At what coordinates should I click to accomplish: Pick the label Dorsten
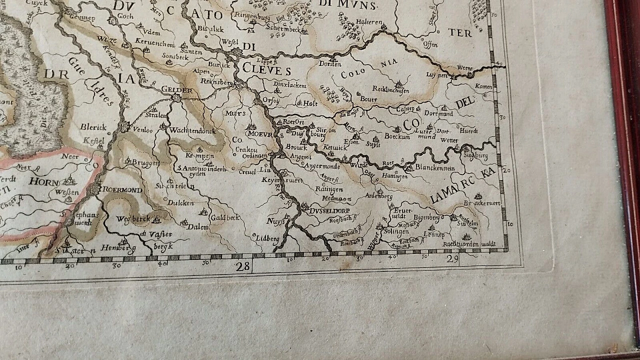[x=330, y=64]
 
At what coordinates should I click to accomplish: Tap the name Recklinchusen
[x=390, y=90]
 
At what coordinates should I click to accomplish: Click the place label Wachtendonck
[x=192, y=130]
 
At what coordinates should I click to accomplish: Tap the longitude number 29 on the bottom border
[x=452, y=258]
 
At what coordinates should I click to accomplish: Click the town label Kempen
[x=196, y=155]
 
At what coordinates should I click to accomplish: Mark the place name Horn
[x=44, y=181]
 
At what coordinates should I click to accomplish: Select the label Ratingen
[x=329, y=189]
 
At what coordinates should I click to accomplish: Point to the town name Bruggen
[x=145, y=163]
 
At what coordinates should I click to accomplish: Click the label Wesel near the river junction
[x=230, y=42]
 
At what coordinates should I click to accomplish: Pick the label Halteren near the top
[x=369, y=22]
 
